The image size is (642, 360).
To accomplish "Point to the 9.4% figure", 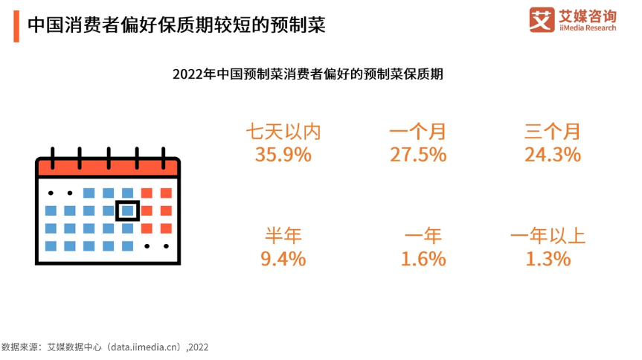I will click(283, 259).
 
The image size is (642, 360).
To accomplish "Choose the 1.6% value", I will click(423, 259).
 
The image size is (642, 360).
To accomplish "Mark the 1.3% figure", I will click(548, 259).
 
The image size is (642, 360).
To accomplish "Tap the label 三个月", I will click(552, 132).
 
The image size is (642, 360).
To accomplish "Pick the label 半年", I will click(283, 236).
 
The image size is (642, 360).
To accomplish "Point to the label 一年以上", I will click(548, 236).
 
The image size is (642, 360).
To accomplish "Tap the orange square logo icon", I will click(542, 20).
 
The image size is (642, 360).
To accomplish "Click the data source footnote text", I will click(106, 347).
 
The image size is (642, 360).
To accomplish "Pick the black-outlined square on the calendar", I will click(127, 210).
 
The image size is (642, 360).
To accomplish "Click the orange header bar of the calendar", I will click(109, 167).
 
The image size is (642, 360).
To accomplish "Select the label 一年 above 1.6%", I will click(423, 236).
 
